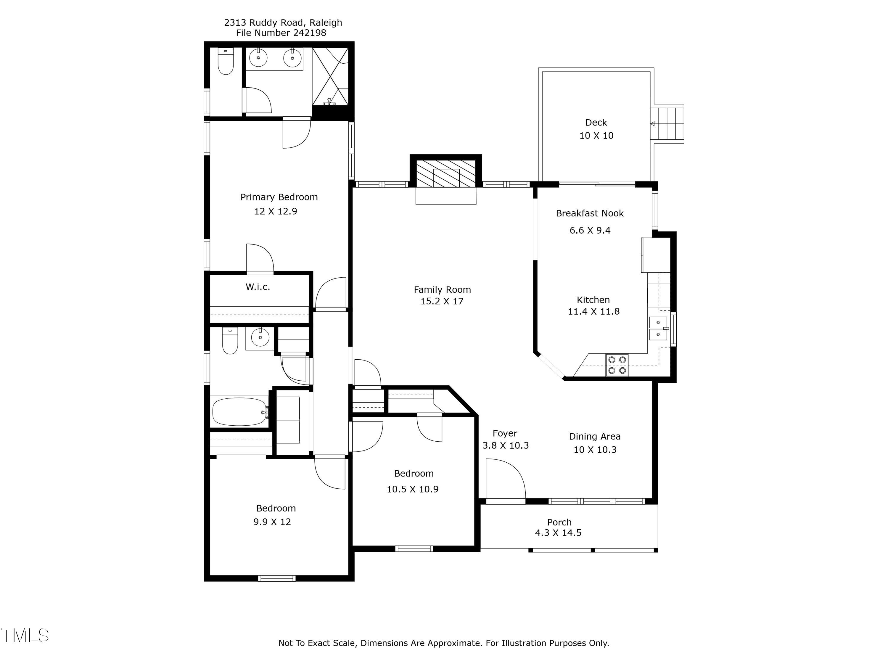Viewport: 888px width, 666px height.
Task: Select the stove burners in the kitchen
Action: point(617,365)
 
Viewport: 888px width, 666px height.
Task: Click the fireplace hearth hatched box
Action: point(445,174)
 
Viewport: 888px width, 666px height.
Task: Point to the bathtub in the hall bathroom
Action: point(240,411)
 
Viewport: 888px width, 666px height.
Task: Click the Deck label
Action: point(596,123)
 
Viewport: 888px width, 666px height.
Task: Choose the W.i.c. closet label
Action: point(258,287)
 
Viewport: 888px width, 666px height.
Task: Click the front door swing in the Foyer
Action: point(506,480)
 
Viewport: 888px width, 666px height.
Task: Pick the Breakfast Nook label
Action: point(590,213)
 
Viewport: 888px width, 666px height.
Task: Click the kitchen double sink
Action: point(658,328)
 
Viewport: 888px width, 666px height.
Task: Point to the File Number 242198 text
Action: point(281,33)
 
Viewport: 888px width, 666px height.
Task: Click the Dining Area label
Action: point(595,436)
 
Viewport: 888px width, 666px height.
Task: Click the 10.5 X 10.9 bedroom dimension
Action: point(412,489)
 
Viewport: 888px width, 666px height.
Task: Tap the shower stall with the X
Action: point(330,76)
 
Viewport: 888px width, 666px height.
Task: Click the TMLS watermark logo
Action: point(25,636)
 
